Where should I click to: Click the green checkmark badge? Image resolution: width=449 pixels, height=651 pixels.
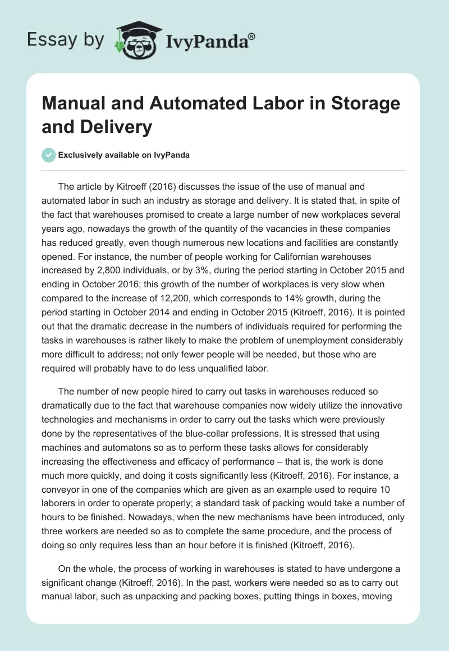point(49,154)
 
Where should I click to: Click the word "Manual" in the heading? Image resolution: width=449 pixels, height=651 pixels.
point(71,104)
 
